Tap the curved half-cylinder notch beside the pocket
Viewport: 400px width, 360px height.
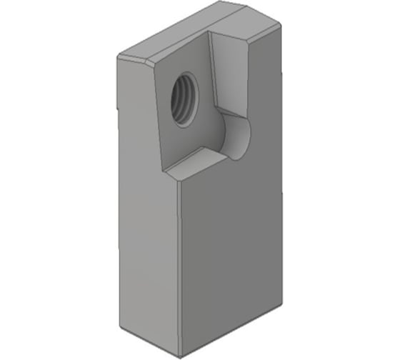pyautogui.click(x=236, y=136)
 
